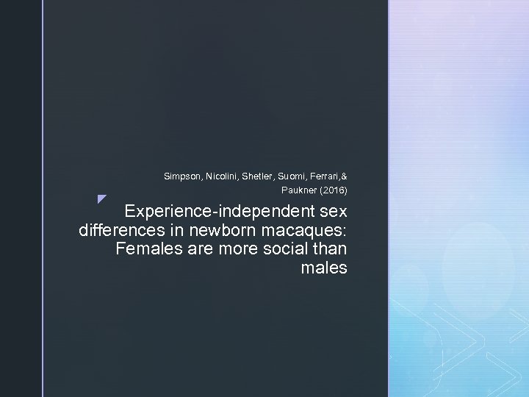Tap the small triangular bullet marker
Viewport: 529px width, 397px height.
click(101, 198)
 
